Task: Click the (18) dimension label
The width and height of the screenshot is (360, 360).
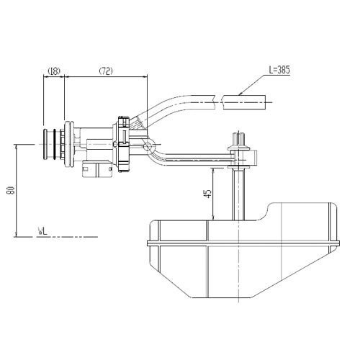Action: [x=54, y=71]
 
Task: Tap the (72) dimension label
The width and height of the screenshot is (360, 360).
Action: [x=106, y=71]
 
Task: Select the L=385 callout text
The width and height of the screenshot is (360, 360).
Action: [x=279, y=70]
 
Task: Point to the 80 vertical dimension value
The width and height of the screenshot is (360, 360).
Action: [x=11, y=190]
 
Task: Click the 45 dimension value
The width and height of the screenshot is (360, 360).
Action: [x=208, y=194]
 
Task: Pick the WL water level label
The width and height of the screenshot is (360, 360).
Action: [x=42, y=231]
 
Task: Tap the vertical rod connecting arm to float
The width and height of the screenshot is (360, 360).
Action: [x=238, y=194]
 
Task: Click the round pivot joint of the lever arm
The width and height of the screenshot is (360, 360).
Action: [x=149, y=145]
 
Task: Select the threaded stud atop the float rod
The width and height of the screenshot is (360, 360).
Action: [x=238, y=138]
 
